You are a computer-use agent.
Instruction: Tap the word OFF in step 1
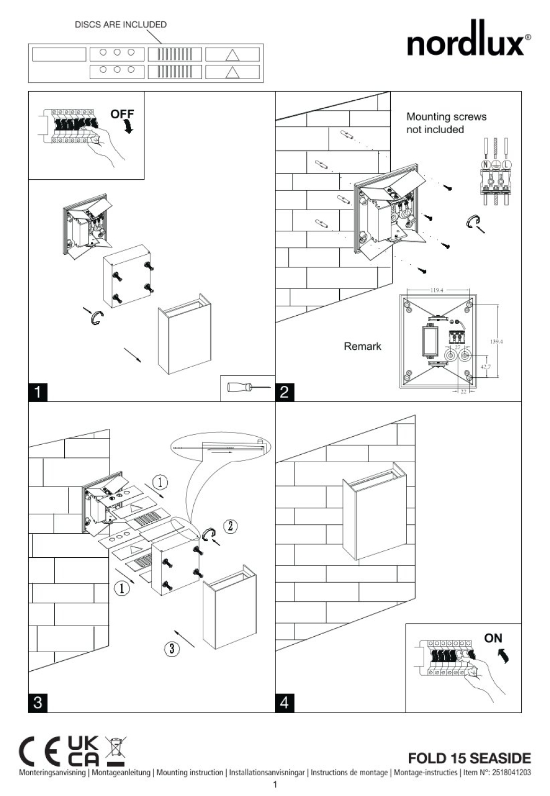pyautogui.click(x=122, y=114)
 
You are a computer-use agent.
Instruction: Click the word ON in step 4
pyautogui.click(x=493, y=638)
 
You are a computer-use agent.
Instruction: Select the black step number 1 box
pyautogui.click(x=38, y=392)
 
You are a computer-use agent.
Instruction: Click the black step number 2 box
pyautogui.click(x=285, y=392)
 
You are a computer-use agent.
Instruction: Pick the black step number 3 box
pyautogui.click(x=38, y=703)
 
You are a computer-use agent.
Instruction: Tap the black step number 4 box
pyautogui.click(x=285, y=703)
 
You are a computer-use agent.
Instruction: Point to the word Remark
pyautogui.click(x=362, y=346)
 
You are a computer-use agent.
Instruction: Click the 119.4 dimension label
pyautogui.click(x=436, y=290)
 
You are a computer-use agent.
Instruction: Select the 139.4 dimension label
pyautogui.click(x=496, y=342)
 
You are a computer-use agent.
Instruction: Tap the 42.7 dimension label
pyautogui.click(x=486, y=366)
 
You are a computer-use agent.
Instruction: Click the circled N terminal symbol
pyautogui.click(x=485, y=164)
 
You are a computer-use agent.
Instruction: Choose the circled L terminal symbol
pyautogui.click(x=506, y=164)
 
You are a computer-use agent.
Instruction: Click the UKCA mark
pyautogui.click(x=83, y=750)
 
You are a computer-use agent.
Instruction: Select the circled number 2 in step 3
pyautogui.click(x=230, y=526)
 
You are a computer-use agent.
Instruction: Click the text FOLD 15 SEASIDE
pyautogui.click(x=469, y=758)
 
